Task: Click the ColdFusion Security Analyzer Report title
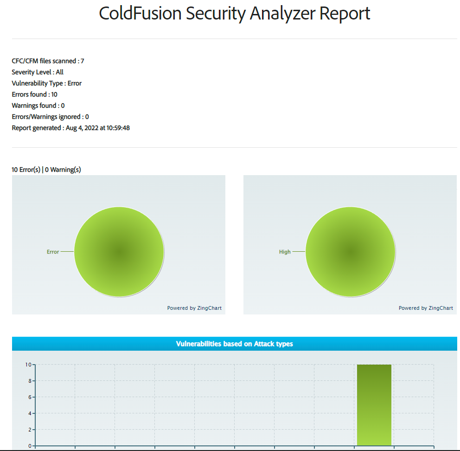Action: point(234,13)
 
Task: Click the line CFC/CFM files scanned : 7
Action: point(48,61)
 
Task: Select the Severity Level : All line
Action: point(38,72)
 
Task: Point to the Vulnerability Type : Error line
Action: point(46,83)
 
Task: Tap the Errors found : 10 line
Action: point(34,94)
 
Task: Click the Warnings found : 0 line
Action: point(38,105)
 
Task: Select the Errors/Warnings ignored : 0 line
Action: point(50,117)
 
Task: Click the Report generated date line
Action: point(70,128)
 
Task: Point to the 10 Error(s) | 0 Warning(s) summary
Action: point(46,170)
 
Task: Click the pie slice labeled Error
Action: point(119,251)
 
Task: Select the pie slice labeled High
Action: point(351,251)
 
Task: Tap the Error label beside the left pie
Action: point(53,252)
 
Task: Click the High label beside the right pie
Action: point(285,252)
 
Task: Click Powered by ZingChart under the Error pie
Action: point(194,308)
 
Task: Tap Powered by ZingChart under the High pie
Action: point(426,308)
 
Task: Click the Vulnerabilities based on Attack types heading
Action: point(234,344)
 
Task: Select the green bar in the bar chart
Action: point(374,405)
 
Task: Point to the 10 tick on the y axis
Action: point(29,365)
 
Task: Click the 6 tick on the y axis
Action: point(30,397)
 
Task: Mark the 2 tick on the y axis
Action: point(30,430)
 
